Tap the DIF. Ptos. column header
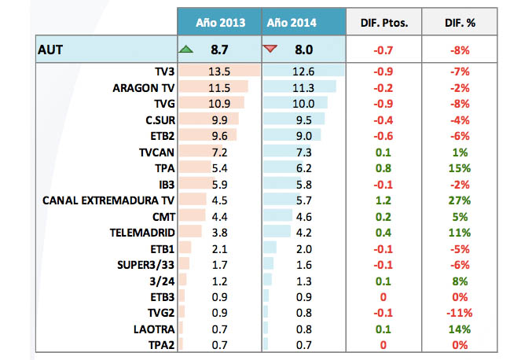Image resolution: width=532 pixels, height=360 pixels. pyautogui.click(x=383, y=24)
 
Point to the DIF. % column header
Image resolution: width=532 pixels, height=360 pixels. pyautogui.click(x=460, y=24)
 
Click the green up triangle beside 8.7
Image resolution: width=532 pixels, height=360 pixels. pyautogui.click(x=186, y=50)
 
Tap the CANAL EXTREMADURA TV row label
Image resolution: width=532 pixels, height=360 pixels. pyautogui.click(x=113, y=200)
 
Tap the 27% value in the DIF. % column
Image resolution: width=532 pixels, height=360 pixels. pyautogui.click(x=460, y=200)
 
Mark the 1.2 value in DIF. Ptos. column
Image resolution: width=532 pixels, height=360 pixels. pyautogui.click(x=383, y=200)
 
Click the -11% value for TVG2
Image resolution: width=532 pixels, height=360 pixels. pyautogui.click(x=460, y=312)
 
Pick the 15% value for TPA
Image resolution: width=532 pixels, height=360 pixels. pyautogui.click(x=460, y=168)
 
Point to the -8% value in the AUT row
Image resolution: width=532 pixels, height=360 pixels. pyautogui.click(x=460, y=50)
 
